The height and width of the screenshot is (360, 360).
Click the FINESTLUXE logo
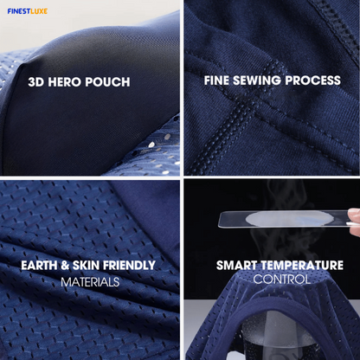[x=28, y=11]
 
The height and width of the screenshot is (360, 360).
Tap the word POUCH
[x=107, y=82]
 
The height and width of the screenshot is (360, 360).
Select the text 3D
[x=36, y=82]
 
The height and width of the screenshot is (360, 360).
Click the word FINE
[x=216, y=80]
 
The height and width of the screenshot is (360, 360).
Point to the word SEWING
[x=257, y=80]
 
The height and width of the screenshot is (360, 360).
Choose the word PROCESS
[x=313, y=80]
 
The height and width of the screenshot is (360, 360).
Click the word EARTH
[x=39, y=266]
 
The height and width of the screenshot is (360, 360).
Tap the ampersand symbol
[x=65, y=266]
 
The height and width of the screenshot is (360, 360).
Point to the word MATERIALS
[x=90, y=282]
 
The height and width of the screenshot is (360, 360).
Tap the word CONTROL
[x=281, y=280]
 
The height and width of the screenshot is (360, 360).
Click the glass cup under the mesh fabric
[x=279, y=336]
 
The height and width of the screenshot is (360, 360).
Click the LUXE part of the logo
[x=39, y=11]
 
